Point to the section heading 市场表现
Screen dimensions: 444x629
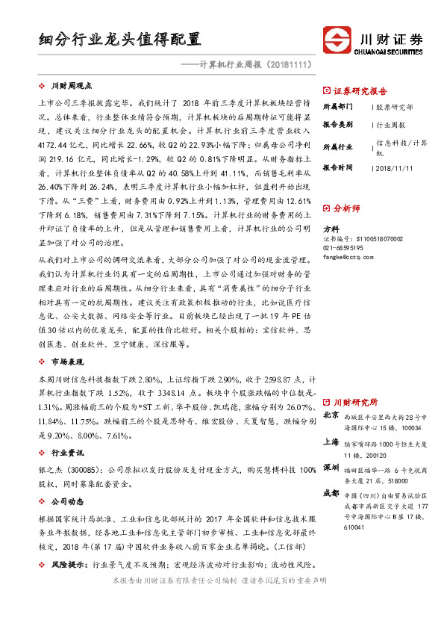point(68,362)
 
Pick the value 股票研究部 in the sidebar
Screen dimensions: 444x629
point(395,107)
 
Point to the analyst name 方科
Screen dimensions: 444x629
point(330,229)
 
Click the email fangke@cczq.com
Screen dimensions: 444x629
point(348,256)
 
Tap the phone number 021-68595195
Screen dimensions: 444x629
point(344,247)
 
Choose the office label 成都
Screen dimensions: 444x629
point(331,494)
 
